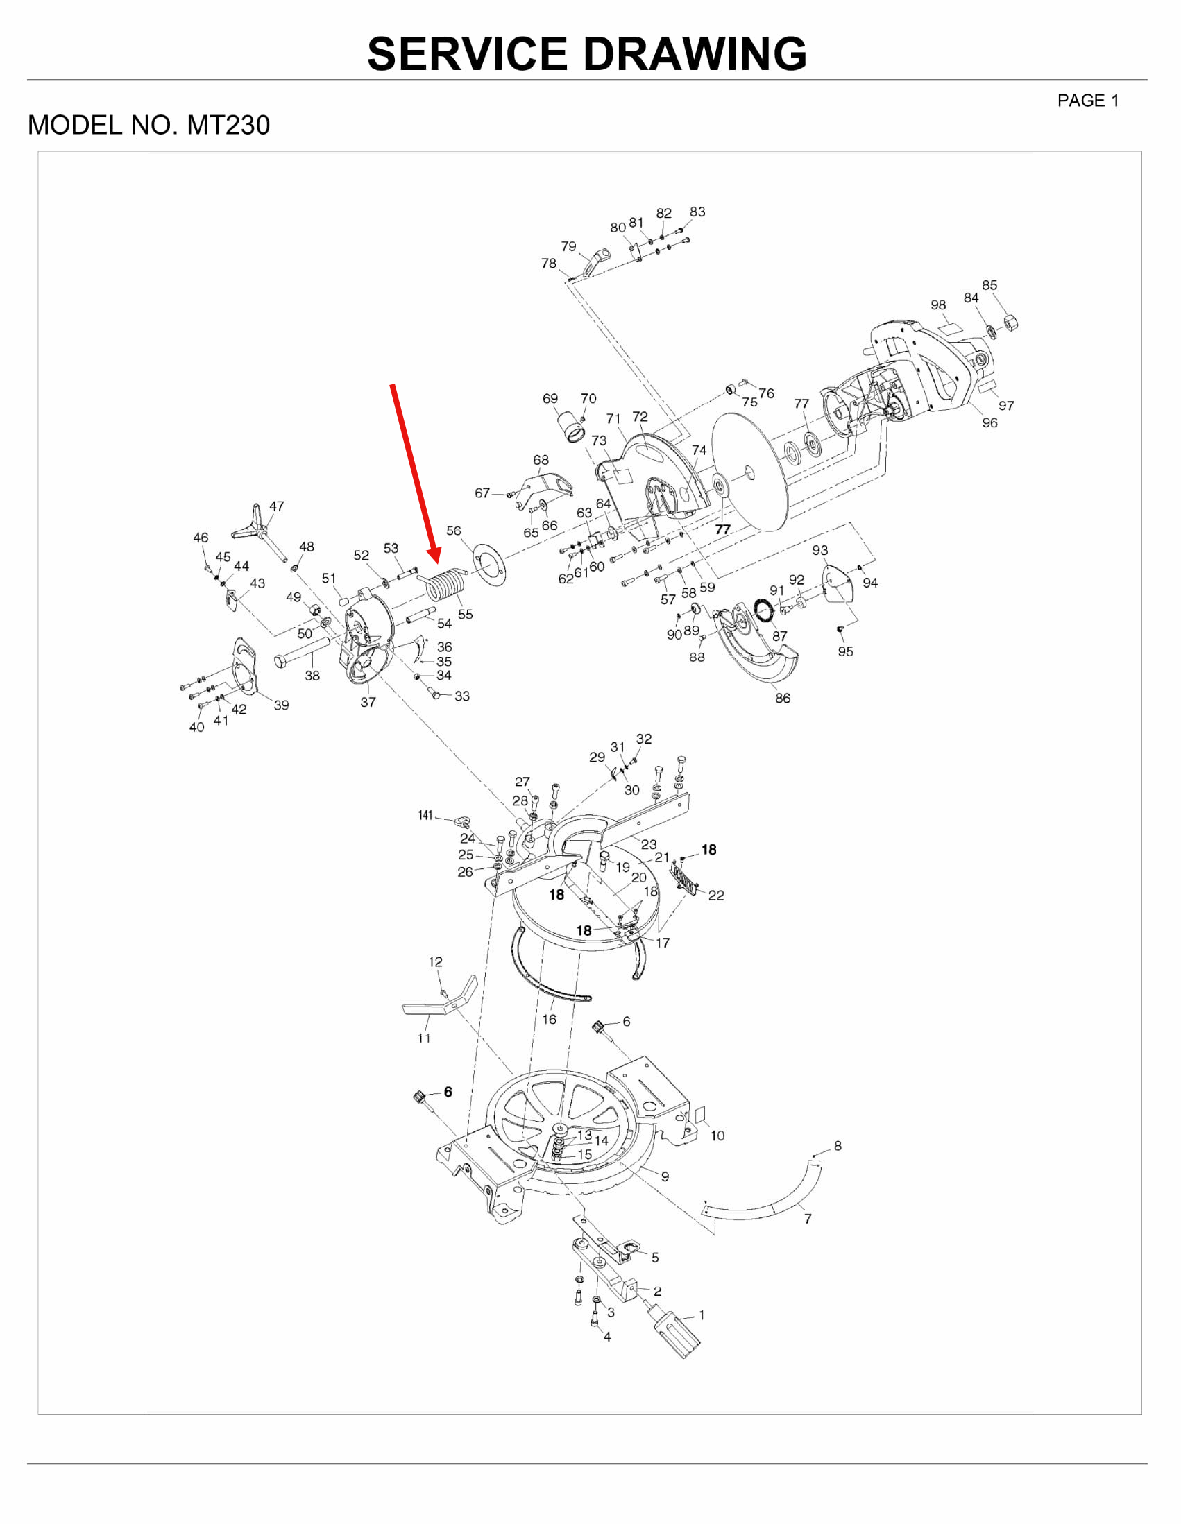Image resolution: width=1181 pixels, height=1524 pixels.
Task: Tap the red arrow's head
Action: pos(434,556)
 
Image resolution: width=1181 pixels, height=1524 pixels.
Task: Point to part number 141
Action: pos(425,815)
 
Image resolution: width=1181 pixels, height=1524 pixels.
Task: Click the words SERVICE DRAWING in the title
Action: pos(587,53)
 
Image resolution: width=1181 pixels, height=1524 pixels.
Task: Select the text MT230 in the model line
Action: pos(228,126)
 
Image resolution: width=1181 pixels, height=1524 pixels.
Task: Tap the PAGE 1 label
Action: pos(1088,101)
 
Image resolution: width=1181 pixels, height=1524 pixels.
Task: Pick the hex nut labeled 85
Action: pos(1010,323)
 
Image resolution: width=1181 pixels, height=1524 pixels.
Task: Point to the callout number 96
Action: pos(989,423)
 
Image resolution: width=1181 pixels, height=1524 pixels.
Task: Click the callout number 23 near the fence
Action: pos(649,844)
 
